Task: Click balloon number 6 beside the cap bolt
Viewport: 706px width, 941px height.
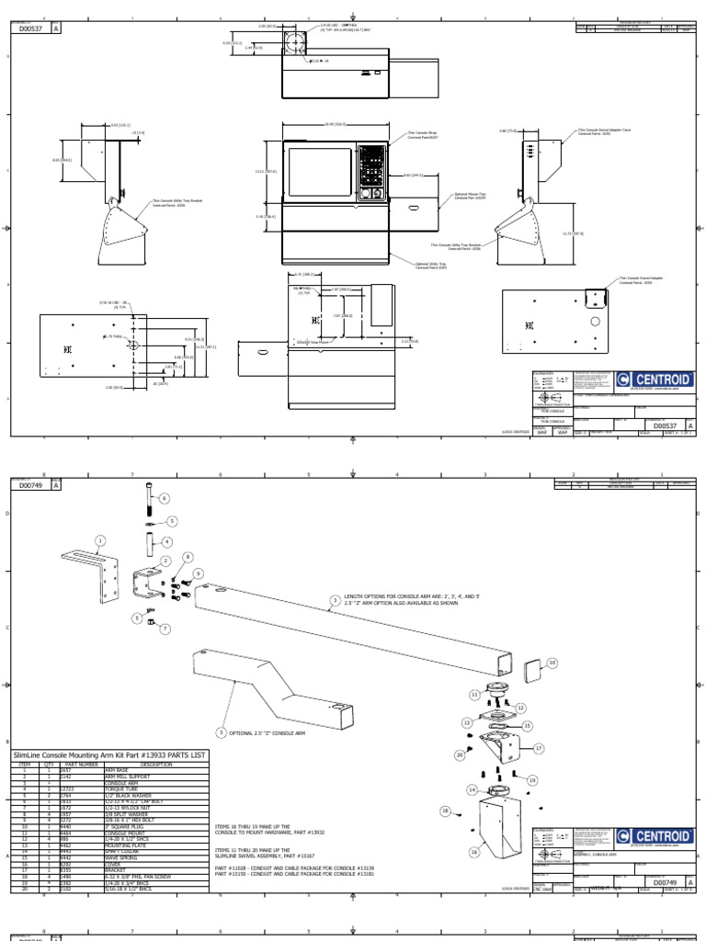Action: pyautogui.click(x=165, y=499)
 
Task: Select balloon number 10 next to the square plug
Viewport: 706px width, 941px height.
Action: pyautogui.click(x=552, y=662)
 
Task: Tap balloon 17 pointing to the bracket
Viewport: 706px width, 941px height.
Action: pyautogui.click(x=540, y=748)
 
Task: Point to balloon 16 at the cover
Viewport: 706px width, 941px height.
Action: pyautogui.click(x=475, y=852)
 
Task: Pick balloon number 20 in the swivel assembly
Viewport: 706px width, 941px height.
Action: pyautogui.click(x=460, y=754)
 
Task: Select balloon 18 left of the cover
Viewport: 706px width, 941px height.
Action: pyautogui.click(x=446, y=811)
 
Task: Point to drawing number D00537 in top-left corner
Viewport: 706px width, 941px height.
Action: pyautogui.click(x=33, y=28)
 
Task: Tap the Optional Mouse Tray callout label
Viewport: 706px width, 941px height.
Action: pyautogui.click(x=470, y=197)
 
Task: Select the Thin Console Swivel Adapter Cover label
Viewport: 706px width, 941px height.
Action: pyautogui.click(x=604, y=133)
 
